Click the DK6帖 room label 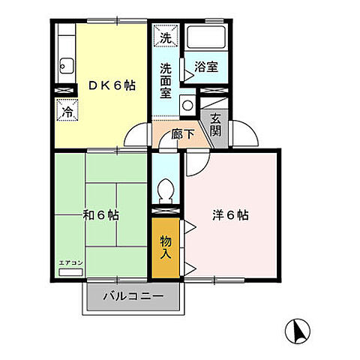[x=112, y=85]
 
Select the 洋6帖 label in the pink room [x=230, y=214]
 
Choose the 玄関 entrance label [x=216, y=122]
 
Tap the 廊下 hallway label [x=184, y=134]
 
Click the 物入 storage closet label [x=166, y=247]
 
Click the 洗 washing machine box [x=164, y=36]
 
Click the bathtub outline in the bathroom [x=205, y=37]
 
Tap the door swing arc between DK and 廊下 [x=137, y=136]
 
